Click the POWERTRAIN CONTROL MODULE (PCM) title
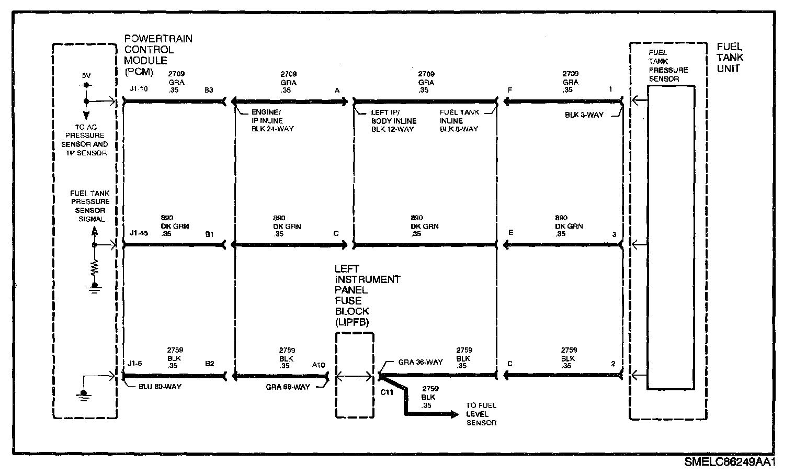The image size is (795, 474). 151,55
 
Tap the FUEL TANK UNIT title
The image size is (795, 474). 730,58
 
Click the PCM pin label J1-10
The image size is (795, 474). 139,89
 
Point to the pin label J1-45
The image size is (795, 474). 139,233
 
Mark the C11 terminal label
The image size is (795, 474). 387,392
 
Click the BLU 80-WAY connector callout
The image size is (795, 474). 157,387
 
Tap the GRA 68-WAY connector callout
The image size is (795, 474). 288,387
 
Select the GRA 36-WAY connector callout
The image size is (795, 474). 420,362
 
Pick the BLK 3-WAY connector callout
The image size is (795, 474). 584,115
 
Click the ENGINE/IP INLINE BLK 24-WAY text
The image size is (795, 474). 272,120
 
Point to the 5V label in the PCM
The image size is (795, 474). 86,76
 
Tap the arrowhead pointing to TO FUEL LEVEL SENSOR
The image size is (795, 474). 453,414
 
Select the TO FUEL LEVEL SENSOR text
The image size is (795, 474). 481,414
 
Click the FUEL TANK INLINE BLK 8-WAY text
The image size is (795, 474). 459,120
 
